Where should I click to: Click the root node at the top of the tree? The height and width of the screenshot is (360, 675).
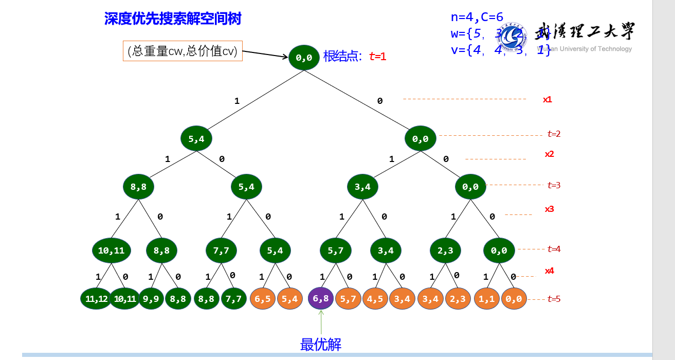click(x=304, y=58)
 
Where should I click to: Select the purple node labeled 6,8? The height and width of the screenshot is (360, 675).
click(x=321, y=298)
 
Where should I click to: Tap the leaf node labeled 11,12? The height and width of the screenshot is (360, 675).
click(x=96, y=298)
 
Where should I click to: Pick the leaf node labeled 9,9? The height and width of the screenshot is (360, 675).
click(x=151, y=298)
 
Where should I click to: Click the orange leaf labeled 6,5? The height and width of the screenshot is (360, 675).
click(x=263, y=298)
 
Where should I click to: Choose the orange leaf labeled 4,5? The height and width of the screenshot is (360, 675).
click(x=375, y=298)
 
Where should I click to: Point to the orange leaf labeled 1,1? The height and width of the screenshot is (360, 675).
click(x=486, y=298)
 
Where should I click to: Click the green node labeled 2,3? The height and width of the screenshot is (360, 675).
click(x=445, y=250)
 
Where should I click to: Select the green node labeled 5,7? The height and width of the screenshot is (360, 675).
click(x=335, y=250)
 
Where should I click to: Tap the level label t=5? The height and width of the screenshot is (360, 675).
click(x=554, y=299)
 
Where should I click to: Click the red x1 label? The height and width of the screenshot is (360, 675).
click(x=548, y=99)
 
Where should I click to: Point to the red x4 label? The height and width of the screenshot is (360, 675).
click(x=550, y=271)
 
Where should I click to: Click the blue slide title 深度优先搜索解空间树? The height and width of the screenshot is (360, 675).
click(x=173, y=19)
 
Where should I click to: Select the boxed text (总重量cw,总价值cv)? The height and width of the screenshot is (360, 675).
click(x=183, y=51)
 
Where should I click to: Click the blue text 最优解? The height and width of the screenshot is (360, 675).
click(x=321, y=345)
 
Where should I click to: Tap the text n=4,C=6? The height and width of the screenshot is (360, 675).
click(x=477, y=17)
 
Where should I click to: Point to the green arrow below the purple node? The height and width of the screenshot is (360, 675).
click(x=321, y=322)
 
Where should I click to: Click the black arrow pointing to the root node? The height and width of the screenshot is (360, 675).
click(x=265, y=54)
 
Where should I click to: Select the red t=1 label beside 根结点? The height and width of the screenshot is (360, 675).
click(x=377, y=57)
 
